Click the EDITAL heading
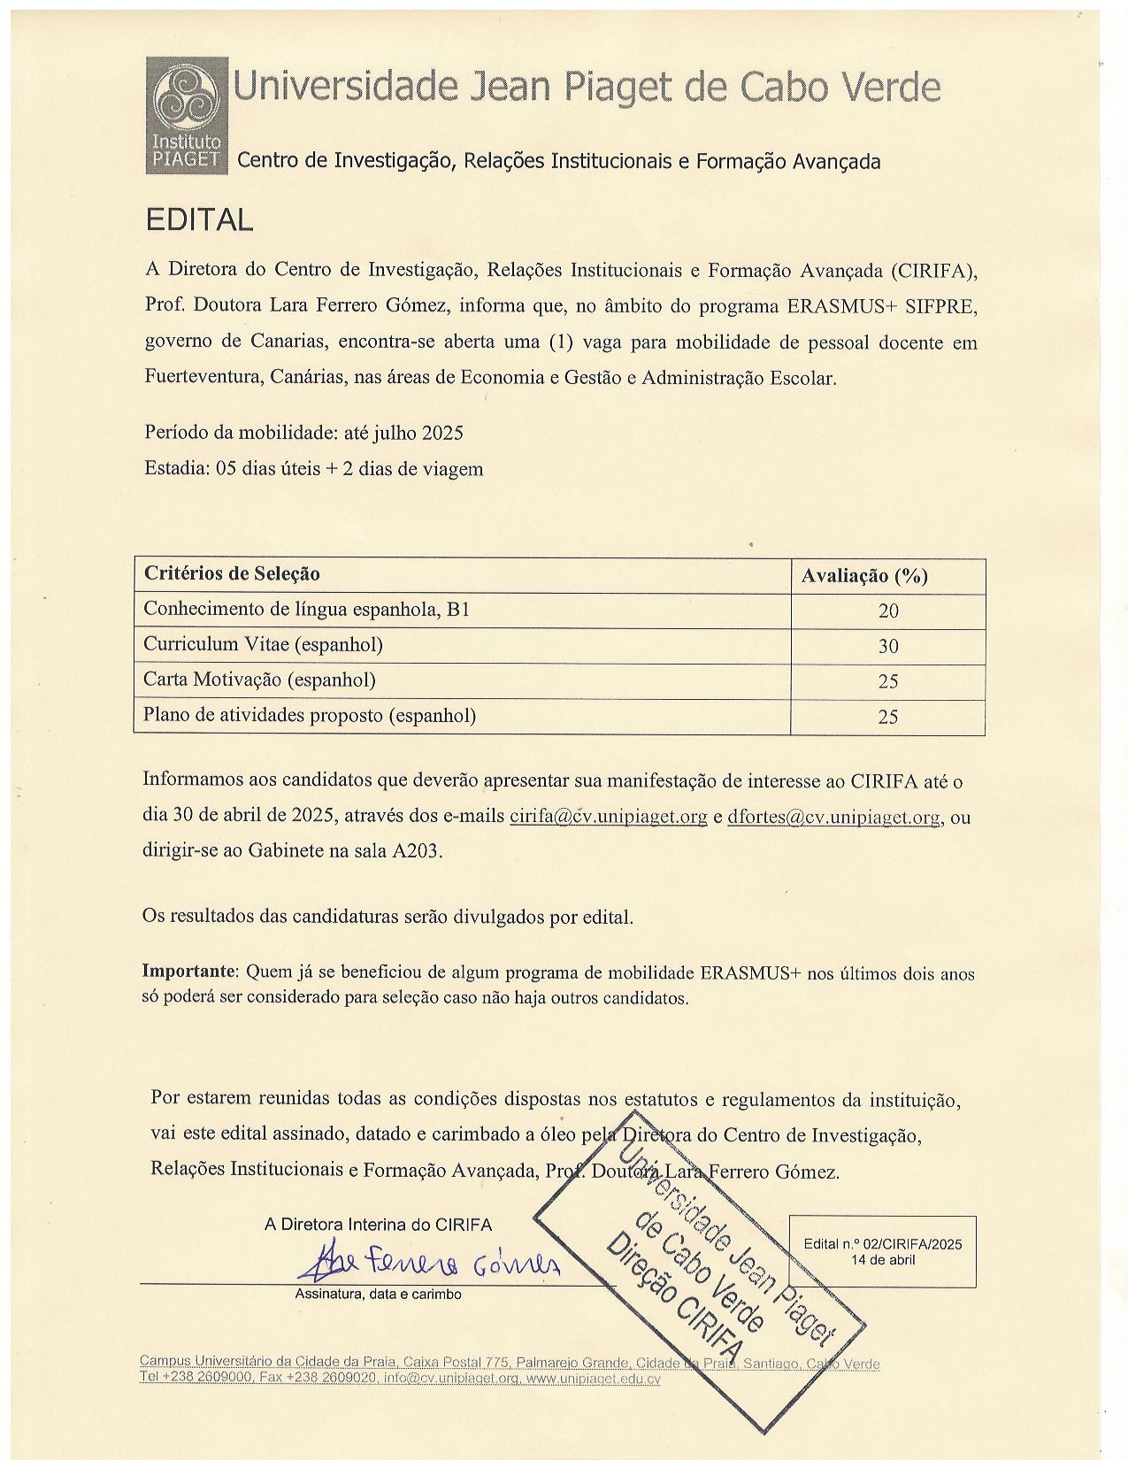[x=199, y=219]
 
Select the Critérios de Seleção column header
[x=232, y=574]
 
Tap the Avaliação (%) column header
[x=864, y=576]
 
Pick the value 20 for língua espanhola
[x=887, y=611]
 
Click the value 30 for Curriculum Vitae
[x=887, y=646]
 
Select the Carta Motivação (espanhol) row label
[x=259, y=680]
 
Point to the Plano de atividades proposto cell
[x=310, y=716]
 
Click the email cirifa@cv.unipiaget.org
[x=609, y=817]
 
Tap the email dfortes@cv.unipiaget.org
[x=833, y=817]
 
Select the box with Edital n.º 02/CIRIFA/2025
[x=882, y=1251]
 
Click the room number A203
[x=415, y=851]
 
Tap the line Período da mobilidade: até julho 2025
[x=303, y=433]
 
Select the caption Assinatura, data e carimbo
[x=378, y=1295]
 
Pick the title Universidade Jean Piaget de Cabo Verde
[x=586, y=88]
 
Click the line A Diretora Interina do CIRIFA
[x=378, y=1226]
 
